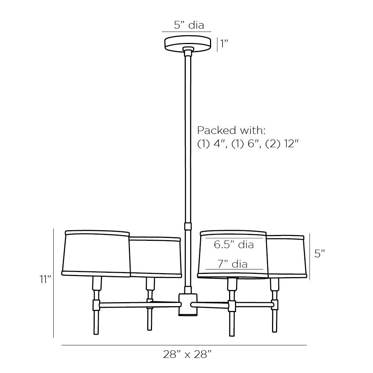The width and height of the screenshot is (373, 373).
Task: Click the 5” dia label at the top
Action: (x=189, y=25)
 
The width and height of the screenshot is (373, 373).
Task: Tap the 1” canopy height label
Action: (x=224, y=44)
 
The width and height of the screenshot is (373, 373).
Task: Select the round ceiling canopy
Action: (x=188, y=43)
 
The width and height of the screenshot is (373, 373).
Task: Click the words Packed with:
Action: (x=231, y=130)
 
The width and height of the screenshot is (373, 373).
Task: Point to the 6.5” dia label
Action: (x=234, y=245)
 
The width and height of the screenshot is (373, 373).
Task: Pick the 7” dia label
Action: (x=232, y=264)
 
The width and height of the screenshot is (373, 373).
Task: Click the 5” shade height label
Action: (x=319, y=254)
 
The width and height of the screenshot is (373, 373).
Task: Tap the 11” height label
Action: (x=46, y=279)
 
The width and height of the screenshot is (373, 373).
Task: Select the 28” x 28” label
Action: (x=187, y=354)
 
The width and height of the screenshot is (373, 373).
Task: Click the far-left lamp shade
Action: (x=96, y=253)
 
